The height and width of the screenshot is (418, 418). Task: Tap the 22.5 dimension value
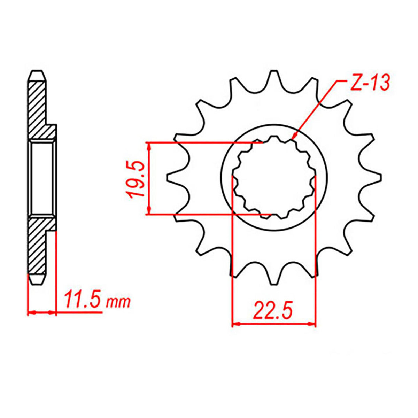click(x=273, y=311)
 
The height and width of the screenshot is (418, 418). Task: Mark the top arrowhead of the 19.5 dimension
click(x=149, y=147)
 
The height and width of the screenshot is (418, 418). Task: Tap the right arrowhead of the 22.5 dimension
click(x=312, y=324)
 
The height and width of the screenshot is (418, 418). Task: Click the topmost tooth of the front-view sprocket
click(x=274, y=78)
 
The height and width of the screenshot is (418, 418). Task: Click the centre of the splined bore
click(x=274, y=178)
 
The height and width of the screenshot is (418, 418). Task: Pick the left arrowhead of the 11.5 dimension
click(x=31, y=312)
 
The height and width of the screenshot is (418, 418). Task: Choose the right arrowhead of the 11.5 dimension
click(x=53, y=312)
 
